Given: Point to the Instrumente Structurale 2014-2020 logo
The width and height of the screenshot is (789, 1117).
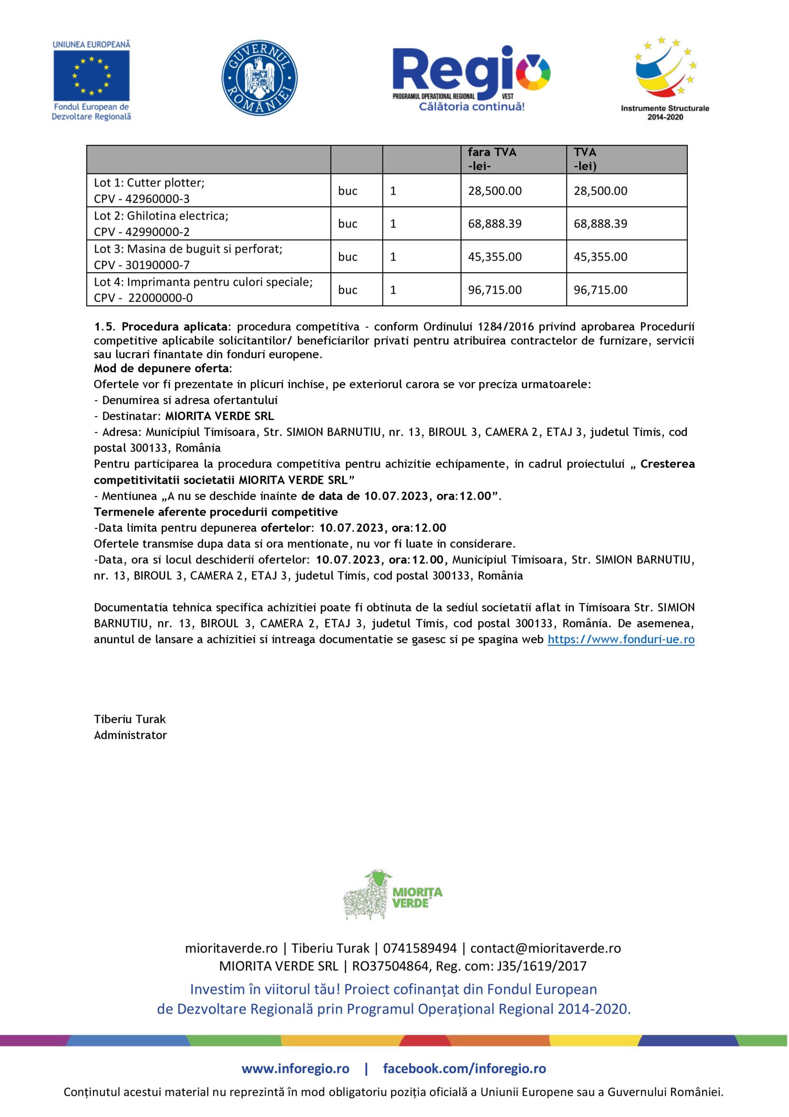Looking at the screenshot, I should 664,78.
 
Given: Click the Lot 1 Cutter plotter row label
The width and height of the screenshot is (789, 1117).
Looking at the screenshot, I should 149,183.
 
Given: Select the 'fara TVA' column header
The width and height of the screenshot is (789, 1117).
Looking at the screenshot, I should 492,152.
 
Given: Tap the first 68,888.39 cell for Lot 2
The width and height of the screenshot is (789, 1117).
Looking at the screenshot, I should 495,224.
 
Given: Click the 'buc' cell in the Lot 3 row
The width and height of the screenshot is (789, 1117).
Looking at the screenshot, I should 348,257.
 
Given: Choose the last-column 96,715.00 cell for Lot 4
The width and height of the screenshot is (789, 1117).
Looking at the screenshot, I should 600,290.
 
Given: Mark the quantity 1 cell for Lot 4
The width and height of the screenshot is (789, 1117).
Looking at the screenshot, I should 393,290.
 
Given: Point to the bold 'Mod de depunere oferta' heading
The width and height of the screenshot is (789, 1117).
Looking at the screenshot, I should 161,368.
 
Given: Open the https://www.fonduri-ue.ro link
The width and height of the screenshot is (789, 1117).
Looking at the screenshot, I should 621,639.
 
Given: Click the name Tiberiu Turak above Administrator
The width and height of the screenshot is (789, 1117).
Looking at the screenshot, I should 130,719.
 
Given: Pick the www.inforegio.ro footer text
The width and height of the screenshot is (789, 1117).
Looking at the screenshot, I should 295,1069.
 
